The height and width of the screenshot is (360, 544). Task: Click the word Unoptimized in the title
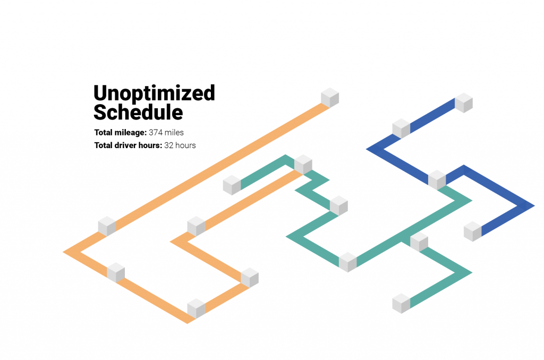pyautogui.click(x=155, y=93)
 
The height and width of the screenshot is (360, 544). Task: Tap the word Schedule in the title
pyautogui.click(x=138, y=112)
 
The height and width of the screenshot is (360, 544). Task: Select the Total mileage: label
pyautogui.click(x=121, y=133)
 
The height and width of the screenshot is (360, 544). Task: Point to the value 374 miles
pyautogui.click(x=166, y=133)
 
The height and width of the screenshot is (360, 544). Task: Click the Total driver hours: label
pyautogui.click(x=128, y=145)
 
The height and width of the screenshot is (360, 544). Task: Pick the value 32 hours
pyautogui.click(x=180, y=145)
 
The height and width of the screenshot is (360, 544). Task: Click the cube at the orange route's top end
pyautogui.click(x=329, y=98)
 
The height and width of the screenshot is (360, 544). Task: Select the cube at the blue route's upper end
pyautogui.click(x=463, y=102)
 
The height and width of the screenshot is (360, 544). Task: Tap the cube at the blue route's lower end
pyautogui.click(x=472, y=232)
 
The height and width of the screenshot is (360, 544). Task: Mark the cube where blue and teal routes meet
pyautogui.click(x=437, y=180)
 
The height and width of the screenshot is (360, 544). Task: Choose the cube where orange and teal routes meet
pyautogui.click(x=303, y=165)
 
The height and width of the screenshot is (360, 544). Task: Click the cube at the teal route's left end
pyautogui.click(x=232, y=185)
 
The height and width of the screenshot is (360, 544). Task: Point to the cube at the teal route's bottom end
pyautogui.click(x=401, y=304)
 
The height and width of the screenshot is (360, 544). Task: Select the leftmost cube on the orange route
pyautogui.click(x=107, y=226)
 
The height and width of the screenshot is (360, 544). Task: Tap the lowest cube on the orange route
pyautogui.click(x=196, y=308)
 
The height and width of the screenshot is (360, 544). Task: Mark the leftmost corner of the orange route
pyautogui.click(x=63, y=252)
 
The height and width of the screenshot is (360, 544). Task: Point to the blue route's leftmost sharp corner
pyautogui.click(x=367, y=149)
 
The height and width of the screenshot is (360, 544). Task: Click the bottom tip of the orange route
pyautogui.click(x=188, y=323)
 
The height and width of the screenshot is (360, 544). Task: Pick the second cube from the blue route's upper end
pyautogui.click(x=401, y=128)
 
